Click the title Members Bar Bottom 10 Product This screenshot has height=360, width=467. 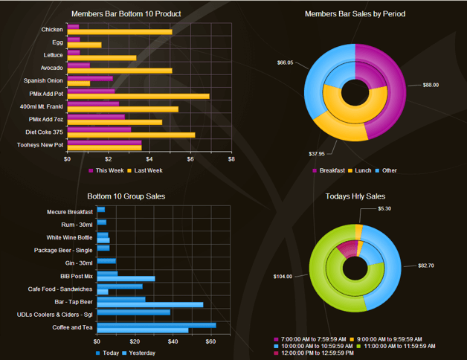(x=126, y=13)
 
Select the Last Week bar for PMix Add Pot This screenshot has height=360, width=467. (x=138, y=96)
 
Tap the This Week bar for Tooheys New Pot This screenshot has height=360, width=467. (x=104, y=142)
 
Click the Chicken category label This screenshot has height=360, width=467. (x=52, y=30)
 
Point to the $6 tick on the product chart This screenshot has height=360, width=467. (x=190, y=158)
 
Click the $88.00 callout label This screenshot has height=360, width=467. (x=431, y=85)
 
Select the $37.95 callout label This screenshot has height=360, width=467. (x=317, y=153)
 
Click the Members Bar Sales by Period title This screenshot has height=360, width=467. (x=355, y=13)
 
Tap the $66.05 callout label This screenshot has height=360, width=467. (x=285, y=62)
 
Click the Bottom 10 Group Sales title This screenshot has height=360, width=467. (x=126, y=196)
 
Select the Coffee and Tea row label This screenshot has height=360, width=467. (x=72, y=327)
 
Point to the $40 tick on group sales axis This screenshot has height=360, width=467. (x=173, y=341)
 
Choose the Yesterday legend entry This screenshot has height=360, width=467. (x=141, y=353)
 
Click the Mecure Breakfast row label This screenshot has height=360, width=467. (x=69, y=212)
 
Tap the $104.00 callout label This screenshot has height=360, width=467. (x=283, y=276)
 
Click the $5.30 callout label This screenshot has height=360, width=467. (x=384, y=208)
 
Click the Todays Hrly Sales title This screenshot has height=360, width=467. (x=355, y=196)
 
